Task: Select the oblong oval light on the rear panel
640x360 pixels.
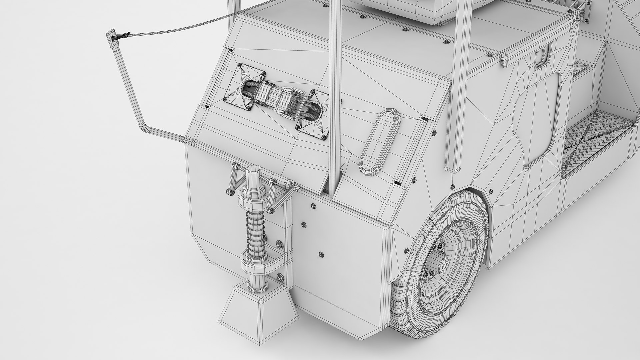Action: [380, 141]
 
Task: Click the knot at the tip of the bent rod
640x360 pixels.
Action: [124, 35]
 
